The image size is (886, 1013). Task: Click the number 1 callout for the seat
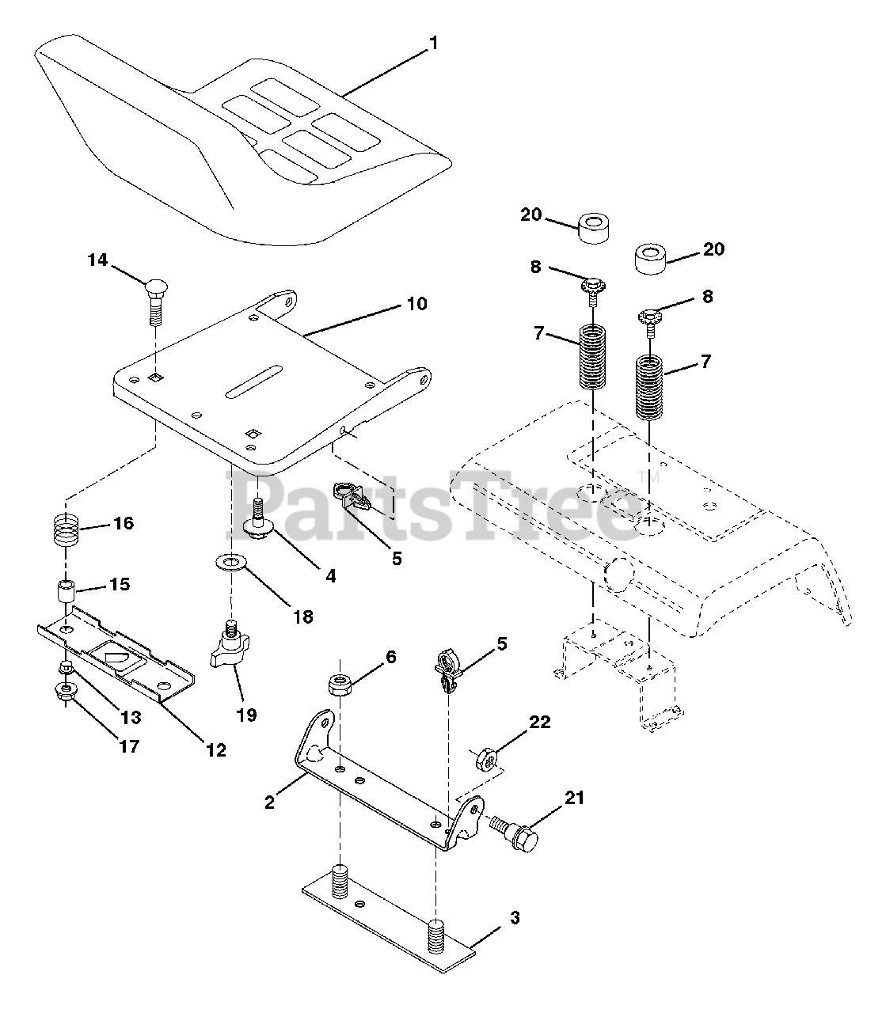pyautogui.click(x=433, y=44)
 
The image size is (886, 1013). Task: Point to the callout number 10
pyautogui.click(x=417, y=303)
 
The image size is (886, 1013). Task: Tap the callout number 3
pyautogui.click(x=515, y=918)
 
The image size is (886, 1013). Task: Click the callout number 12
pyautogui.click(x=215, y=749)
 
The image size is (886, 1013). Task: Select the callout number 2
pyautogui.click(x=270, y=802)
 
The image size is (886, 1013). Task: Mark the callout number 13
pyautogui.click(x=130, y=717)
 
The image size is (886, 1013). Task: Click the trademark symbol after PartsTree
pyautogui.click(x=642, y=476)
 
